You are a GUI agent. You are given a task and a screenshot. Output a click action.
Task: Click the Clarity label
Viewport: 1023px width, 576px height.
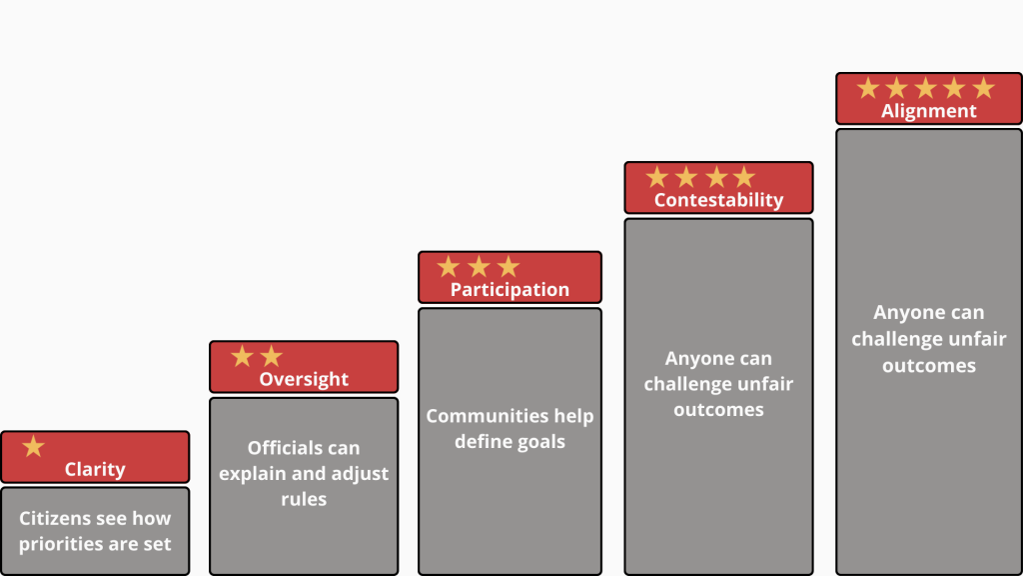click(95, 469)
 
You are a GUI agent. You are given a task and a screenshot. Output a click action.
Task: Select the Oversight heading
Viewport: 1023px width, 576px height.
click(304, 379)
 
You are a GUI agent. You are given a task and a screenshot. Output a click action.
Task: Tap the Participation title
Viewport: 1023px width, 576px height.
click(510, 289)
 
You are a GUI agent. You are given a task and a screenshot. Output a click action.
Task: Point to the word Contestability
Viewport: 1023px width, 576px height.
click(718, 200)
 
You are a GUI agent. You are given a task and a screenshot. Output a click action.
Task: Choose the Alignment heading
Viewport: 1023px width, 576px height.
click(928, 111)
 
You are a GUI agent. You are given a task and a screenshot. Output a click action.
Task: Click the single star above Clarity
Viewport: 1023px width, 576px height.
click(33, 447)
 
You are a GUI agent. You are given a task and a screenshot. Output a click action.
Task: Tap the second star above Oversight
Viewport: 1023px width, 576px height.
click(272, 357)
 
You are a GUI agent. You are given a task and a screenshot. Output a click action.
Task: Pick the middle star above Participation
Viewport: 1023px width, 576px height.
click(479, 266)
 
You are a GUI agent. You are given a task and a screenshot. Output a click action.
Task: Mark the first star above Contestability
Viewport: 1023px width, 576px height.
click(657, 177)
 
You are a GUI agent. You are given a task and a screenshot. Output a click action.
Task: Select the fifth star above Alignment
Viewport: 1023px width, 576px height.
click(983, 88)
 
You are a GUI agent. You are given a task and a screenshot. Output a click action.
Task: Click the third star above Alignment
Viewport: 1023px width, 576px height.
click(926, 88)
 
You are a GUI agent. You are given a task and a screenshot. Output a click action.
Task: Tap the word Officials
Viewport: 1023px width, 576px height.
click(280, 448)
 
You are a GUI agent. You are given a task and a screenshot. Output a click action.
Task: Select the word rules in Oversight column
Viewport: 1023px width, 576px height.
click(304, 499)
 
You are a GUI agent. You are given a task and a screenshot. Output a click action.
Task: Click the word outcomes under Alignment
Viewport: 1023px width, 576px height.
click(928, 366)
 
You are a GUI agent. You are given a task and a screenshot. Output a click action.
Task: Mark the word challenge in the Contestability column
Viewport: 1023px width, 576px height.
click(687, 384)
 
